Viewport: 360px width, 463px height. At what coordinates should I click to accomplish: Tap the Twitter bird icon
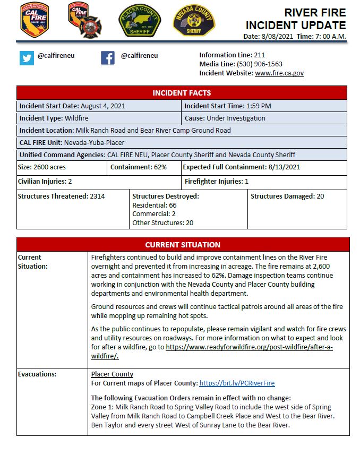27,58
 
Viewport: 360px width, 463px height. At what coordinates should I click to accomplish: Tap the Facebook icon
108,58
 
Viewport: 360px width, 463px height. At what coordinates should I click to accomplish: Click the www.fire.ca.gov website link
279,73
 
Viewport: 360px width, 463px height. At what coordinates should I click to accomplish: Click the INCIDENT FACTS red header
182,93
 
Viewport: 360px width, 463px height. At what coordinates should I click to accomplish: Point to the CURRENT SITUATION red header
183,245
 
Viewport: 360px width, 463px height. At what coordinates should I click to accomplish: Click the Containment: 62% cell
139,167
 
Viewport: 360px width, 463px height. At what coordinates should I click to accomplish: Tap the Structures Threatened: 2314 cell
62,196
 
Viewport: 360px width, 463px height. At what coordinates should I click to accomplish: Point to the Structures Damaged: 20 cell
287,196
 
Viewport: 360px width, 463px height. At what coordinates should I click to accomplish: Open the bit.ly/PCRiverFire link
237,383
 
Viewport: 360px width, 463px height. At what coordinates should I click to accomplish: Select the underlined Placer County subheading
112,374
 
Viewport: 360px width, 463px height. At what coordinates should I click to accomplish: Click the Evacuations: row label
37,374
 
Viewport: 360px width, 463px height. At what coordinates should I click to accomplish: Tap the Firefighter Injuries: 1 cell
217,182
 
